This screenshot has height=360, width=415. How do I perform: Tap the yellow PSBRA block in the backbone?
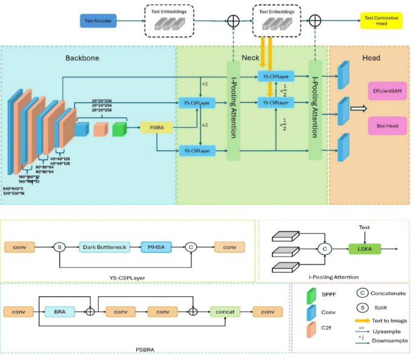[x=156, y=127]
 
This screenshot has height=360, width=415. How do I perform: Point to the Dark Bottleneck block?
[x=104, y=247]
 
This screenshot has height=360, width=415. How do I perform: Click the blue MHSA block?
[x=156, y=247]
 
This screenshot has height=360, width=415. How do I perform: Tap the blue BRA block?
[x=59, y=312]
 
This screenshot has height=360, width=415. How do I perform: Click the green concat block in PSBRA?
[x=225, y=312]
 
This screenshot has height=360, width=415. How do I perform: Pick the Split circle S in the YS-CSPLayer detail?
[x=60, y=247]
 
